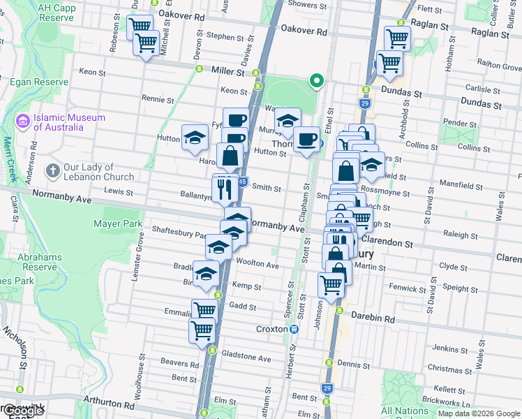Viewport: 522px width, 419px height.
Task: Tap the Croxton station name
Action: point(271,328)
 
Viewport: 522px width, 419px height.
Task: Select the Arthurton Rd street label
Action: point(110,404)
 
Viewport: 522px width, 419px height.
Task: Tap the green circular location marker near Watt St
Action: point(316,82)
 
